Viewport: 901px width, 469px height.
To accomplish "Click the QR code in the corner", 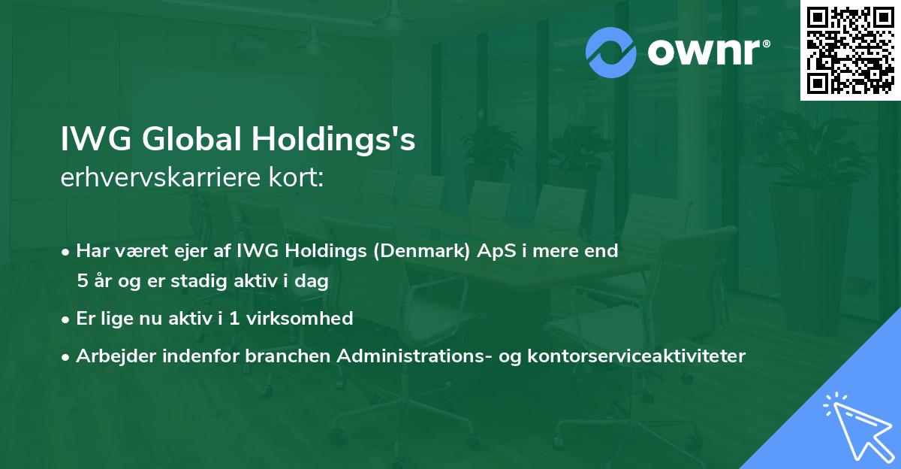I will [x=850, y=50].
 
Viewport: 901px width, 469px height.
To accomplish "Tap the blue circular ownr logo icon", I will [x=611, y=53].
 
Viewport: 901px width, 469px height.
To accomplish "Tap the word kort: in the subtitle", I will [x=302, y=179].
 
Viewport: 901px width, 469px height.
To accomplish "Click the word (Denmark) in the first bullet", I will [x=421, y=252].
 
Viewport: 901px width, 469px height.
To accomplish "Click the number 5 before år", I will [x=82, y=281].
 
